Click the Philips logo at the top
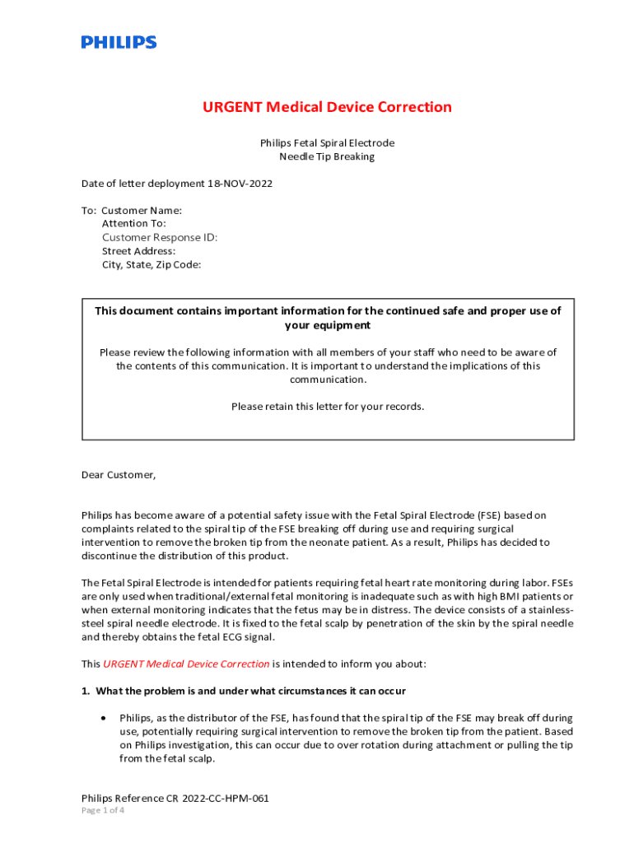119,42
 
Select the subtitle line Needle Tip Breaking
327,156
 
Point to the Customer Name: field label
142,210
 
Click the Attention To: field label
134,223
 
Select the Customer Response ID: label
160,237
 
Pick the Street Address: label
138,251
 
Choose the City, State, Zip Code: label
152,265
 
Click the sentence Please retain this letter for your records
328,406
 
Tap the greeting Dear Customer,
119,475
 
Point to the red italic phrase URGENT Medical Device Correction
186,664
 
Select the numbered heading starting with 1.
243,690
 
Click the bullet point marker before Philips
102,718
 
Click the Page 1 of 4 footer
103,810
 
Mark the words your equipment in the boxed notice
328,325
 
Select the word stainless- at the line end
545,610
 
